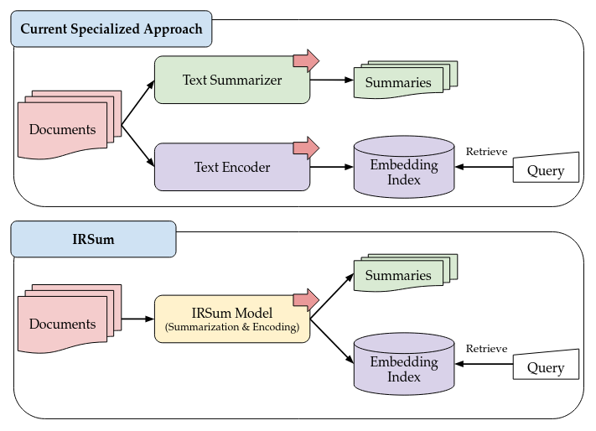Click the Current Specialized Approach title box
click(x=111, y=29)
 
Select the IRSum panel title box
click(x=93, y=240)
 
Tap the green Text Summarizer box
click(x=232, y=80)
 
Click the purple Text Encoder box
click(x=232, y=167)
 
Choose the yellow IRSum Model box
click(x=232, y=319)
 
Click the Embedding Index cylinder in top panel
click(x=404, y=171)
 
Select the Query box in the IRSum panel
click(x=547, y=366)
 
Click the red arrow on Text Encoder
click(x=306, y=148)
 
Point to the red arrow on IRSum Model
click(x=306, y=299)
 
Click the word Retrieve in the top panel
click(x=486, y=151)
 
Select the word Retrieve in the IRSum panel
click(x=486, y=347)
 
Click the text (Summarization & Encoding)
click(x=232, y=327)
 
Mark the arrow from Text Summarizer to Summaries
click(x=331, y=80)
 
